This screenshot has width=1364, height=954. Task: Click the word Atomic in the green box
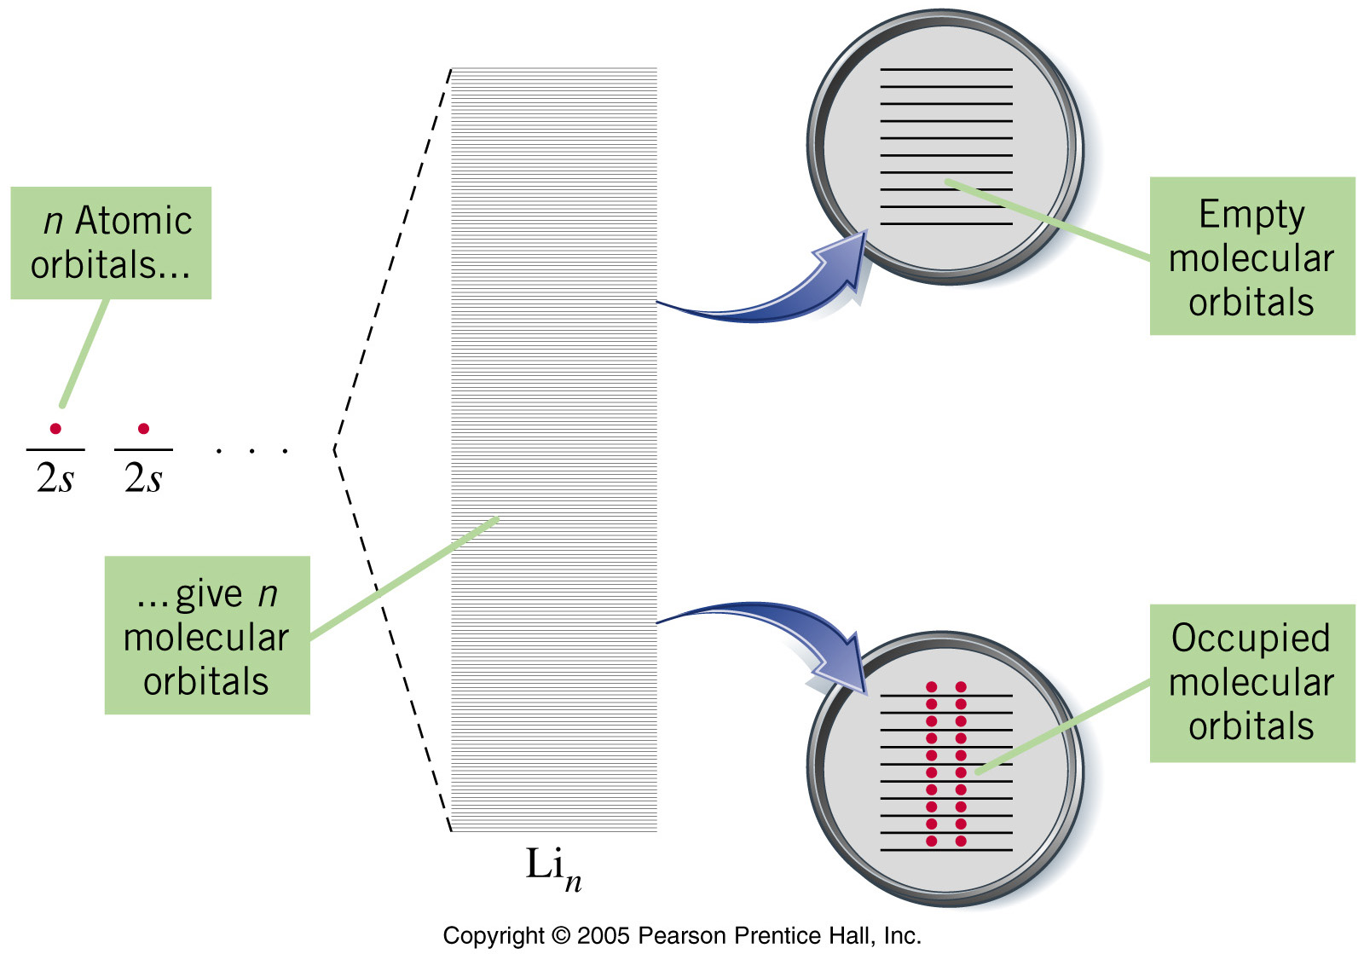click(133, 220)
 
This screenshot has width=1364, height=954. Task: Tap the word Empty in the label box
click(1252, 216)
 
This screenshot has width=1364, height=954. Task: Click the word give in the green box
click(208, 595)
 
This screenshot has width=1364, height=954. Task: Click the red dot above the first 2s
click(55, 429)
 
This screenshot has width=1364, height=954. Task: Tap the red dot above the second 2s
click(144, 429)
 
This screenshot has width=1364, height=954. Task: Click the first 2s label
click(55, 477)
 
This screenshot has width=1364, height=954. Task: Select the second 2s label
click(144, 477)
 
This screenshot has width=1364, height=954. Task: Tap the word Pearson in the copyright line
click(682, 935)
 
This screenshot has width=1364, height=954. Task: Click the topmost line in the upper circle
click(946, 69)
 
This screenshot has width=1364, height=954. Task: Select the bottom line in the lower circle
click(946, 850)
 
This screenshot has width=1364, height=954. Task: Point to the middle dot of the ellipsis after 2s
click(251, 451)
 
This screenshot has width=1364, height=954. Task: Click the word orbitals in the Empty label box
click(1251, 302)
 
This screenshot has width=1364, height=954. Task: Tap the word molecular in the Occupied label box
click(1251, 683)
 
